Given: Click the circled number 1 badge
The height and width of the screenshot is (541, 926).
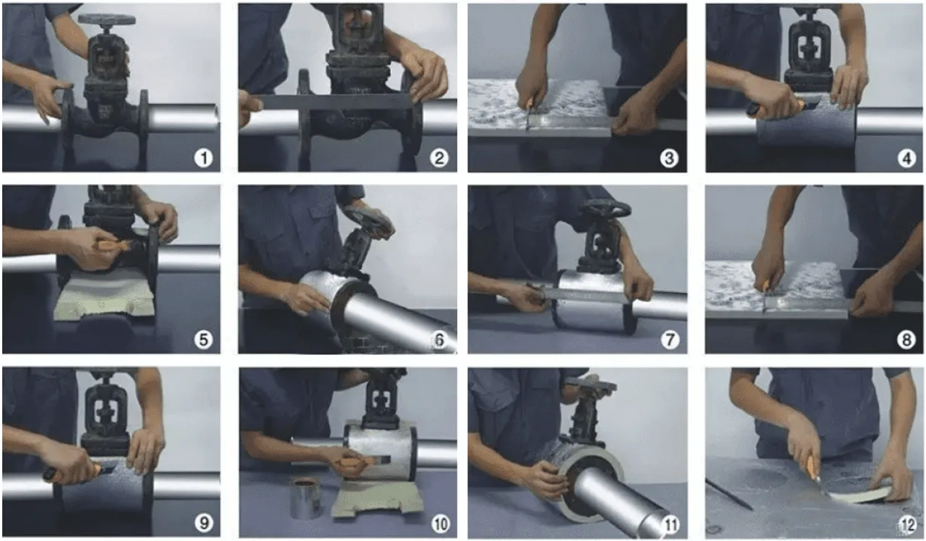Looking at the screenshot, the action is tap(204, 158).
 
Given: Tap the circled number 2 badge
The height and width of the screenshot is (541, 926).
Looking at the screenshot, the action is tap(439, 158).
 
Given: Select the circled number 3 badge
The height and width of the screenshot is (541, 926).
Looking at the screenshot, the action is tap(669, 158).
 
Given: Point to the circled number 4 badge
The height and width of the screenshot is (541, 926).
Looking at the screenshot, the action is tap(906, 159).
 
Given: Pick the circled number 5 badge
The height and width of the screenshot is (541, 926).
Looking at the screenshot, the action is tap(204, 340).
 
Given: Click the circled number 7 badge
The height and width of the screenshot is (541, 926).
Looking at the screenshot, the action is tap(670, 340).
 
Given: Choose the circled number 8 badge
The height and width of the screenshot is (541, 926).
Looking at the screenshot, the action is tap(906, 340).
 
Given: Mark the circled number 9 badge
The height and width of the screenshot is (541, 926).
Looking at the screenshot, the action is tap(204, 524).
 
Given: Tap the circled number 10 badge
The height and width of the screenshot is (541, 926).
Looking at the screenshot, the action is tap(440, 524).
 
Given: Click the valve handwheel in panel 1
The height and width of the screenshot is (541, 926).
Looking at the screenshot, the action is tap(107, 19).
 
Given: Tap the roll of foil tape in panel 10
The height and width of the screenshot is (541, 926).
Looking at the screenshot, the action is tap(307, 497).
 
